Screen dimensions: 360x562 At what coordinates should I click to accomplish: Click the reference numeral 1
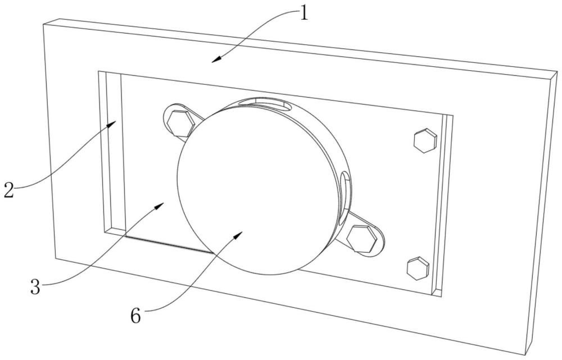[303, 12]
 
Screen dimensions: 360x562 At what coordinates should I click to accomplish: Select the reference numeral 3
[35, 287]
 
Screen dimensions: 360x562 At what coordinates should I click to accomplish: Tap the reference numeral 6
[135, 316]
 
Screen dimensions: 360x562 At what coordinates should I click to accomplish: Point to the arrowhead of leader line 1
[215, 61]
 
